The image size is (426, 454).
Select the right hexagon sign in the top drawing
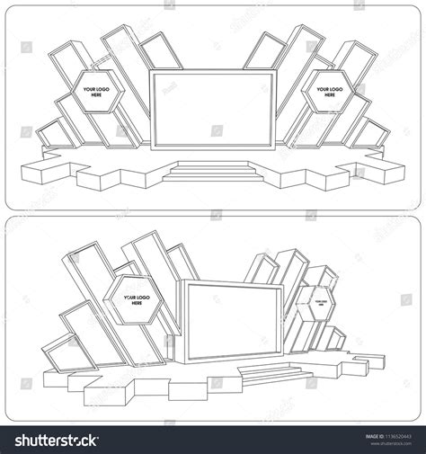point(329,92)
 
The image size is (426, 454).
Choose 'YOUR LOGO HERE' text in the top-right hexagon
point(329,93)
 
